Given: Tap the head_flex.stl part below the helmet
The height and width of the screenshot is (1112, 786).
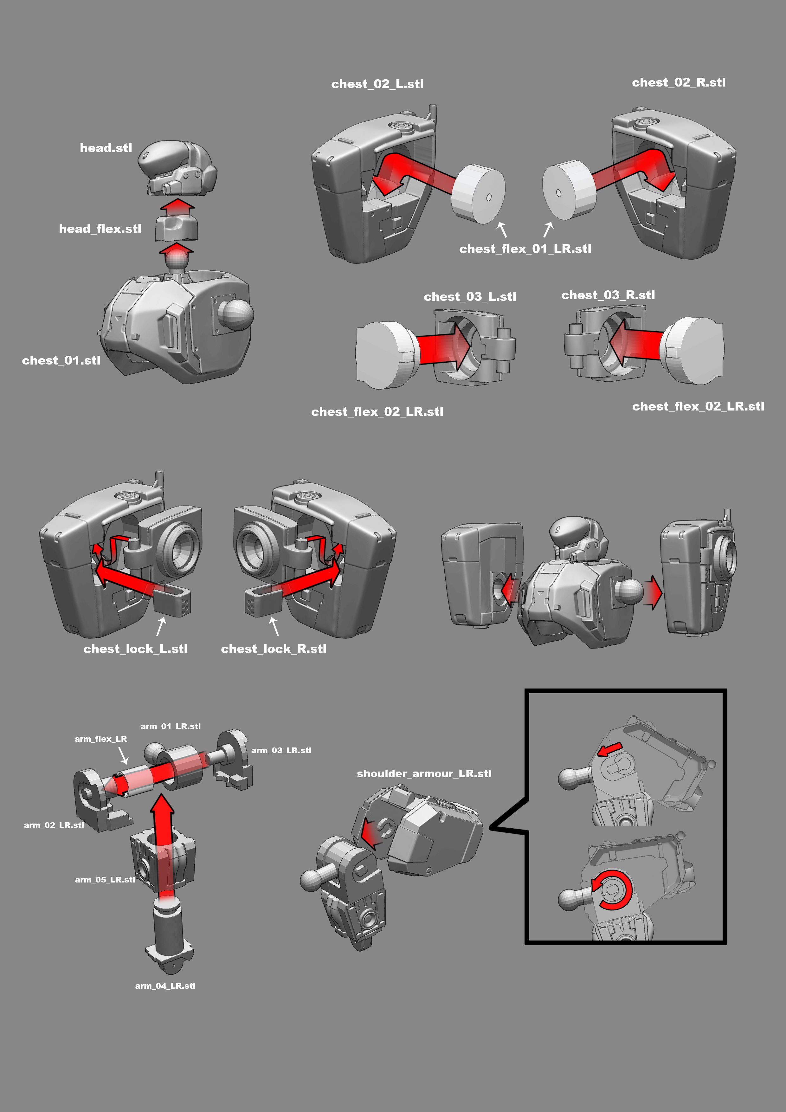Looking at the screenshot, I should click(176, 228).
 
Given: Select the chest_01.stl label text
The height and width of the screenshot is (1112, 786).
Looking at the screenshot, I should click(61, 360).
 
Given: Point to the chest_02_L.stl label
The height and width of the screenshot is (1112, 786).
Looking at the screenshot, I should click(377, 84).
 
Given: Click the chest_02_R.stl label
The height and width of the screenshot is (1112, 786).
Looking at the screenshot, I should click(679, 83).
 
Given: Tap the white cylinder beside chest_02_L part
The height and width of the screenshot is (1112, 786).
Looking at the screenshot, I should click(478, 194).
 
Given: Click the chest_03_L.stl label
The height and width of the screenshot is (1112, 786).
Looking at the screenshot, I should click(470, 297).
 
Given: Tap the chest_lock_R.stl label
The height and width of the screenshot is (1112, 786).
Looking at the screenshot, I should click(274, 649).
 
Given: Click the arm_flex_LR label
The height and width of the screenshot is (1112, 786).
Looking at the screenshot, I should click(101, 739).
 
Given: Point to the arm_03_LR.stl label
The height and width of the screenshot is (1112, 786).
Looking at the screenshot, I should click(281, 750).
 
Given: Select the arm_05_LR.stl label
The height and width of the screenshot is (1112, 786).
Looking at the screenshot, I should click(105, 880).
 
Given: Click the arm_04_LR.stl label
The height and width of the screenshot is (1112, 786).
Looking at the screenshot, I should click(165, 986).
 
